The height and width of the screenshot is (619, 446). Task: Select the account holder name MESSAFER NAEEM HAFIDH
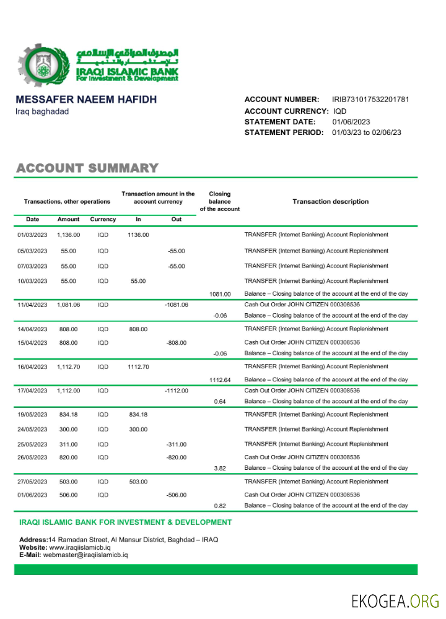[85, 100]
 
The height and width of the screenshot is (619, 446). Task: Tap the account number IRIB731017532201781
[370, 100]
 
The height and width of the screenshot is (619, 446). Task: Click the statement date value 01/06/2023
[351, 122]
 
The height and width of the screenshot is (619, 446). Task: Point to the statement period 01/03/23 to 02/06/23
[367, 132]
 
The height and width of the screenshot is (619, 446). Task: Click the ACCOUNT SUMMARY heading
[87, 168]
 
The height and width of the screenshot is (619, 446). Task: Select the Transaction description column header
[330, 202]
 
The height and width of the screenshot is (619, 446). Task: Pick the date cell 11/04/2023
[32, 305]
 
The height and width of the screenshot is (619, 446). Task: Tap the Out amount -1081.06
[177, 305]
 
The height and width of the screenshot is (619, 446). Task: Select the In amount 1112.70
[138, 367]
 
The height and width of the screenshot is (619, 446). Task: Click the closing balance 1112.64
[220, 380]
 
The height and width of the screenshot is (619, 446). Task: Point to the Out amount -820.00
[177, 458]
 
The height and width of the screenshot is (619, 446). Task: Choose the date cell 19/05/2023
[32, 415]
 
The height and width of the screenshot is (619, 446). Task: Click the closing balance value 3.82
[220, 469]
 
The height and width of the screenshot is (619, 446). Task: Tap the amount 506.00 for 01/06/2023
[68, 495]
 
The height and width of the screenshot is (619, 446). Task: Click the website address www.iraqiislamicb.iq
[80, 547]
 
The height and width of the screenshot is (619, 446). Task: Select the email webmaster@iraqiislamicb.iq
[85, 555]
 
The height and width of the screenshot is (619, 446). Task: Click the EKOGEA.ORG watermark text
[395, 600]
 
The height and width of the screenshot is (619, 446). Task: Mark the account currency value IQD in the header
[340, 111]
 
